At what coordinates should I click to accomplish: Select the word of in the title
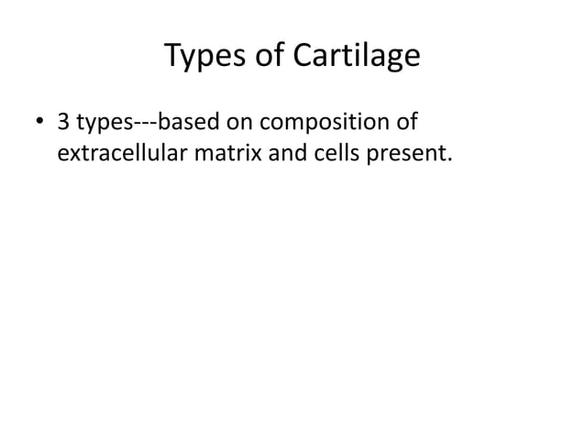pos(272,57)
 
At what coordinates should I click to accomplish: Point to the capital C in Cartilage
pos(304,57)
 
